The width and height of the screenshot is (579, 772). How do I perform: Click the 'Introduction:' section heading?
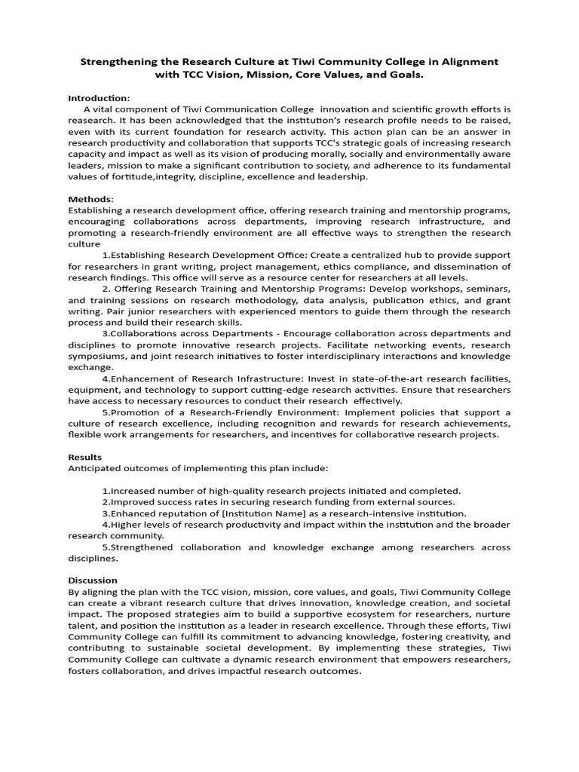point(99,98)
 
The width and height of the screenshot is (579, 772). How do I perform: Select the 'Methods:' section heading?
point(90,199)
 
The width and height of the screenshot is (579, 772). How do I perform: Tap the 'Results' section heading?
point(85,457)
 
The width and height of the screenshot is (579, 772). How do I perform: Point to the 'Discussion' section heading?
point(93,580)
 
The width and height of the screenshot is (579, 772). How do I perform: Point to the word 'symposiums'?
point(94,356)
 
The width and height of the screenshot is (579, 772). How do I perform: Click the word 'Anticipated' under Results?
point(96,468)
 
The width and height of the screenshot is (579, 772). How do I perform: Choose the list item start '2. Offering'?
point(126,289)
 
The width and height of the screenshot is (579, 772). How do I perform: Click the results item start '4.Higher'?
point(124,524)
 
